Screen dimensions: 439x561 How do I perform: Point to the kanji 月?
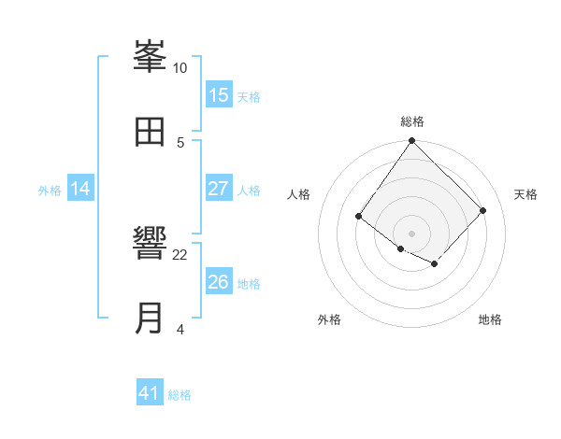150,319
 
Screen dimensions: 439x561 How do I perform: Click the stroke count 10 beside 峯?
180,68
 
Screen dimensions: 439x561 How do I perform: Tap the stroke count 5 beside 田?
180,142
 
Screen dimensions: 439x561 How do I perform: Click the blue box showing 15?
219,95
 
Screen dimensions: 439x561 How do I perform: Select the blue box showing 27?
219,189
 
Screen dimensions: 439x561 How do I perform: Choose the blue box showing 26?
219,282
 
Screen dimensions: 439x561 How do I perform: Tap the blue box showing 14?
80,189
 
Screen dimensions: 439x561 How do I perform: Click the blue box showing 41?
150,393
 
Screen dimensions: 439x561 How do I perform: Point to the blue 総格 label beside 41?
180,395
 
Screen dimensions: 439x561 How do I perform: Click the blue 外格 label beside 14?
50,191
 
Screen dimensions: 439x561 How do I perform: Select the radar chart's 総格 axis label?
412,121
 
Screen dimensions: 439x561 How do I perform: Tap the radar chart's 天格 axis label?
526,194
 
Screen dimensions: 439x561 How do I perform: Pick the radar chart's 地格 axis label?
490,319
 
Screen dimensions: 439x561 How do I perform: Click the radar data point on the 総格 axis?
412,142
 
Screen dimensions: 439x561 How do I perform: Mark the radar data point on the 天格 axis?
483,210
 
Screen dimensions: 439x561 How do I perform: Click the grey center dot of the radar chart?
412,233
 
